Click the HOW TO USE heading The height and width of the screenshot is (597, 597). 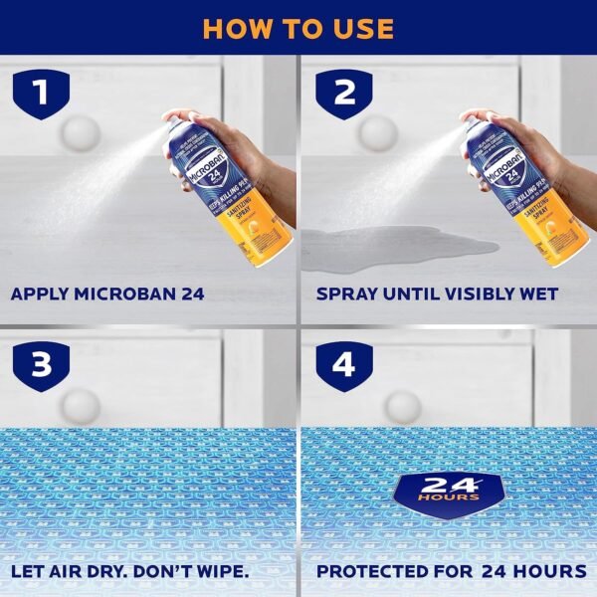(298, 27)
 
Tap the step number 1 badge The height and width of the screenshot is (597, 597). (40, 94)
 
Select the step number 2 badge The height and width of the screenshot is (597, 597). (343, 94)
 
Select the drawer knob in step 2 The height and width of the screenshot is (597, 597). (378, 133)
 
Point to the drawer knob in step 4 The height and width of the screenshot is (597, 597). (402, 406)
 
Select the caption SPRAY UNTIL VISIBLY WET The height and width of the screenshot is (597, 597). (437, 295)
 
